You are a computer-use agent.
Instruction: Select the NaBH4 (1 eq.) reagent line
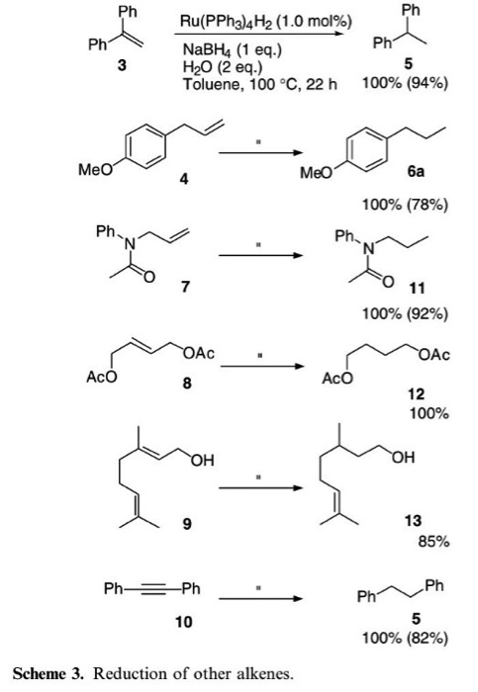pyautogui.click(x=233, y=49)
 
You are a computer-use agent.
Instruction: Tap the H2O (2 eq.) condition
pyautogui.click(x=223, y=66)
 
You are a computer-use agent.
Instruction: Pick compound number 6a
pyautogui.click(x=416, y=171)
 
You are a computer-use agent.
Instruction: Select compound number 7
pyautogui.click(x=185, y=287)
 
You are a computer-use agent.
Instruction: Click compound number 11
pyautogui.click(x=417, y=288)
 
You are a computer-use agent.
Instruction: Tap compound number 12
pyautogui.click(x=416, y=393)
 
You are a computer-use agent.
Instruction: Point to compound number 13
pyautogui.click(x=413, y=520)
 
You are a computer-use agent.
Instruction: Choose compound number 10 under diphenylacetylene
pyautogui.click(x=184, y=622)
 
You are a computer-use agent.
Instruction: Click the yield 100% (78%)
pyautogui.click(x=405, y=205)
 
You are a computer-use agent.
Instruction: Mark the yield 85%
pyautogui.click(x=433, y=541)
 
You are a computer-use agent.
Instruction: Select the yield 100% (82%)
pyautogui.click(x=405, y=639)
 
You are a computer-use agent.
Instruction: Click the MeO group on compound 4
pyautogui.click(x=95, y=169)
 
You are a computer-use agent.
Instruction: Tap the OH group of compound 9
pyautogui.click(x=202, y=461)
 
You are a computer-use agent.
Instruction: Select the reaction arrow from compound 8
pyautogui.click(x=262, y=367)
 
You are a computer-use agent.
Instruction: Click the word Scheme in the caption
pyautogui.click(x=40, y=673)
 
